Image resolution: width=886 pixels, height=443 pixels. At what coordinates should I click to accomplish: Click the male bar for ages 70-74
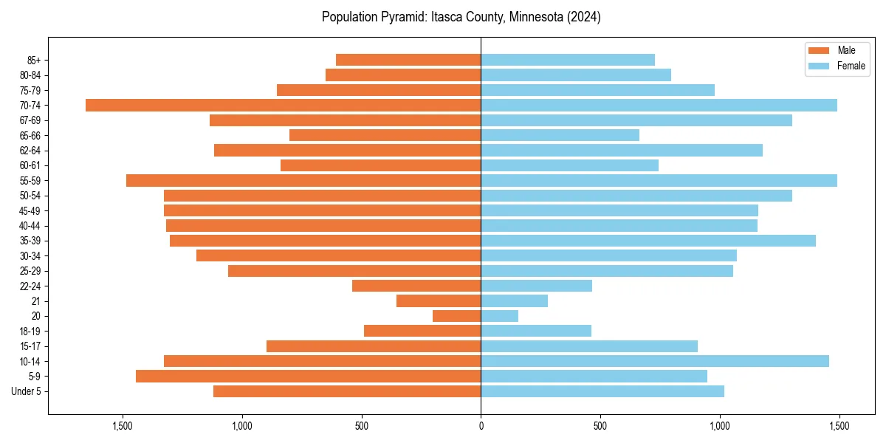click(x=283, y=105)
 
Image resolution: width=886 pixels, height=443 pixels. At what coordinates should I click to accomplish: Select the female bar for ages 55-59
click(x=659, y=180)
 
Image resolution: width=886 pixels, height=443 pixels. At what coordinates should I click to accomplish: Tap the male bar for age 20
click(x=456, y=316)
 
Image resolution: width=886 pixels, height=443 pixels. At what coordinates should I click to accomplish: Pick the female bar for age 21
click(x=514, y=301)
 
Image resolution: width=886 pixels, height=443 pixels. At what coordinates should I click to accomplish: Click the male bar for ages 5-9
click(x=308, y=376)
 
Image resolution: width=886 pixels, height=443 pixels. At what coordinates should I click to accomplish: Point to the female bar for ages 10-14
click(x=655, y=361)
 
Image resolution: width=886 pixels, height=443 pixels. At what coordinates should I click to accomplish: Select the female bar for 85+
click(x=568, y=60)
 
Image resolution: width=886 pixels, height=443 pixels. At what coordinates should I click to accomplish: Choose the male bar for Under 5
click(x=347, y=391)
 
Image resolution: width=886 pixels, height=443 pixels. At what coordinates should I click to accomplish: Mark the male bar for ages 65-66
click(x=385, y=135)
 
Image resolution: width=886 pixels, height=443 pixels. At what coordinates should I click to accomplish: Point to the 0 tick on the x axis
click(x=481, y=426)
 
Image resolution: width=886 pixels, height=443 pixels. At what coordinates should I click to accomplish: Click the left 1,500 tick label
click(x=123, y=426)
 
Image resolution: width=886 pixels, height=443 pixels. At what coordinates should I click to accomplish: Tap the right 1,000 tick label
click(x=720, y=426)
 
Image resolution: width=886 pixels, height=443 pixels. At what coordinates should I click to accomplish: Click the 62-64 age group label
click(x=30, y=151)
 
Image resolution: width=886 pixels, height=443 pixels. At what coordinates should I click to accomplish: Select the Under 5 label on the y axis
click(x=27, y=391)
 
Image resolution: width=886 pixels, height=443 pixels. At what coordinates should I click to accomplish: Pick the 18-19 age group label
click(x=30, y=331)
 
